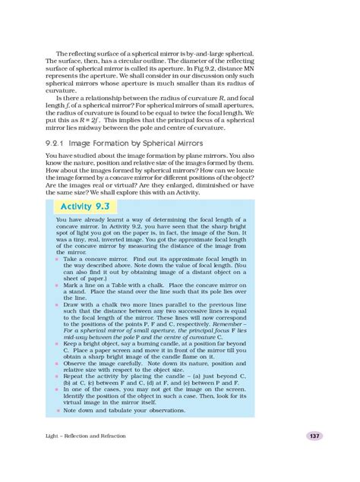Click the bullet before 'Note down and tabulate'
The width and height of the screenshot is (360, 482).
coord(57,410)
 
